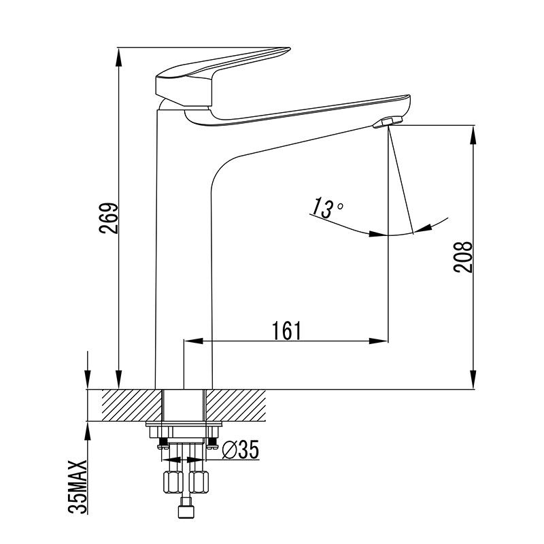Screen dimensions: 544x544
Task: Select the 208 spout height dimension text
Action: pyautogui.click(x=463, y=257)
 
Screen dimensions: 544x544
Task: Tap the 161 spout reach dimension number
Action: pyautogui.click(x=286, y=330)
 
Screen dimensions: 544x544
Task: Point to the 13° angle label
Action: pyautogui.click(x=327, y=207)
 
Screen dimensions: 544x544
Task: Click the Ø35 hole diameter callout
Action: pyautogui.click(x=239, y=449)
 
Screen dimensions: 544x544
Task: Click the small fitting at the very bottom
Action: pyautogui.click(x=185, y=511)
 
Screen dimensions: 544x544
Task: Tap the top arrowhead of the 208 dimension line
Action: pyautogui.click(x=473, y=132)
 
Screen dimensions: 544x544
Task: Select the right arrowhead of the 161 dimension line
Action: pyautogui.click(x=381, y=341)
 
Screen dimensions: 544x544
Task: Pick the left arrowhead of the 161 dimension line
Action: pyautogui.click(x=191, y=341)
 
